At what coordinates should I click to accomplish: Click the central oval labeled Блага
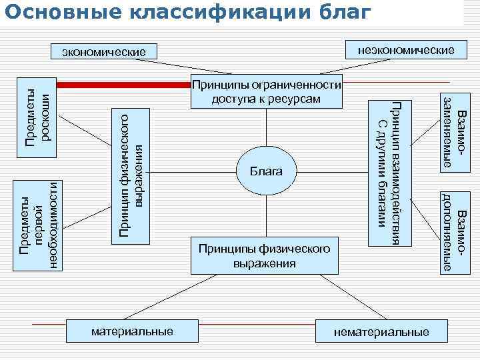tap(267, 171)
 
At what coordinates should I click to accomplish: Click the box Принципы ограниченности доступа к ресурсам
tap(267, 92)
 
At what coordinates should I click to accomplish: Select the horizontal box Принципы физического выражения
tap(264, 255)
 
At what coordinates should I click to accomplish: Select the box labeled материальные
tap(132, 331)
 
